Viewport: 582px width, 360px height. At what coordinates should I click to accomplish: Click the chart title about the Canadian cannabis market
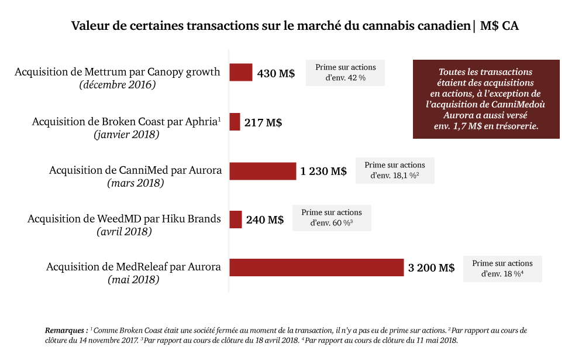pos(295,26)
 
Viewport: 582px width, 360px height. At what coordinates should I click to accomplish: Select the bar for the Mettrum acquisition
pos(240,73)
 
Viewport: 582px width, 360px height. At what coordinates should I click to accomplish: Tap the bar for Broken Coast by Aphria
pos(235,122)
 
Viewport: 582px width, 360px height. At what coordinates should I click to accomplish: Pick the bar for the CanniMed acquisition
pos(263,171)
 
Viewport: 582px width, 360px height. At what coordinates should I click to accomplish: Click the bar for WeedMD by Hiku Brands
pos(236,220)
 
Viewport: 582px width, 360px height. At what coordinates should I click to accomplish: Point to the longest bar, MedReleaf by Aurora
pos(316,268)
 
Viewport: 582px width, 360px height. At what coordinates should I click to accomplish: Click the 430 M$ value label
pos(275,74)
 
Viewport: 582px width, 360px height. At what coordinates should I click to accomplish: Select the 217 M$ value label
pos(263,123)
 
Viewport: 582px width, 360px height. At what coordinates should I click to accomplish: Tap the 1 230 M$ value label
pos(323,172)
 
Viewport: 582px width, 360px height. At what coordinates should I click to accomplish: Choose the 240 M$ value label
pos(264,220)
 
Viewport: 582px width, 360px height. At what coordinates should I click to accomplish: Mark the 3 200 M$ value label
pos(431,268)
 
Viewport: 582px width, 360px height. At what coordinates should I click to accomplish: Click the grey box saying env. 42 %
pos(345,73)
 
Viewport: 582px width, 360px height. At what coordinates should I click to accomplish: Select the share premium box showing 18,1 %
pos(394,170)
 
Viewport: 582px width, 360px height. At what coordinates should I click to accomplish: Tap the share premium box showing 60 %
pos(331,218)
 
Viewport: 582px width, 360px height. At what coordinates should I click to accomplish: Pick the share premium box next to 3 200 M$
pos(502,269)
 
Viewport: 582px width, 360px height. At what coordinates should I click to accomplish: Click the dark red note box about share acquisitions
pos(485,99)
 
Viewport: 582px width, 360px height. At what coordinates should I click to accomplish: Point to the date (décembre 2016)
pos(117,85)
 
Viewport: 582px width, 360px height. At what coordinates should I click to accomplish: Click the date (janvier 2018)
pos(126,134)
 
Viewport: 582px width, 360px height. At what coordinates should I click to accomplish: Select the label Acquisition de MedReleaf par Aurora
pos(133,267)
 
